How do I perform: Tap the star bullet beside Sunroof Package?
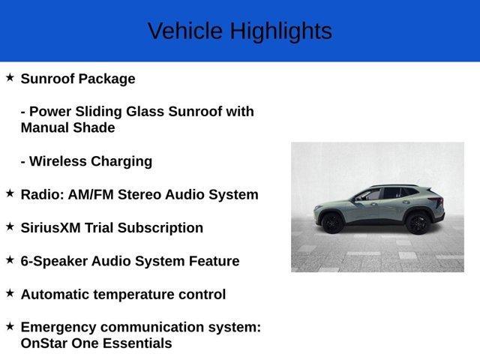tap(10, 77)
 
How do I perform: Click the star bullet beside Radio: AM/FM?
tap(10, 193)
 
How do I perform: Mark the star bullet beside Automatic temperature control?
tap(10, 293)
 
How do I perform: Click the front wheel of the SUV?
tap(331, 222)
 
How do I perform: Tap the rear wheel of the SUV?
tap(418, 223)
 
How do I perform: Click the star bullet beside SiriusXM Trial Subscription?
tap(10, 226)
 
